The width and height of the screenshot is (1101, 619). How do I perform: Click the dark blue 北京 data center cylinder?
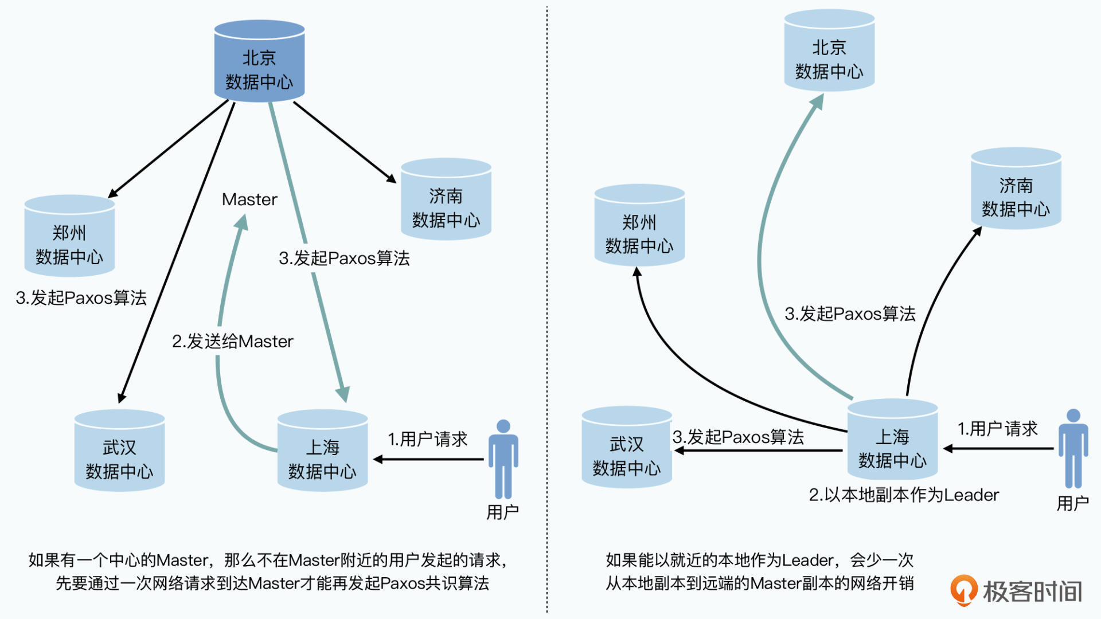click(259, 62)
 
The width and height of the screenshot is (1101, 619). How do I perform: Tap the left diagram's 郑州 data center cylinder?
click(69, 236)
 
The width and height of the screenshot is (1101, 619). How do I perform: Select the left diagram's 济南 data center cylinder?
click(446, 199)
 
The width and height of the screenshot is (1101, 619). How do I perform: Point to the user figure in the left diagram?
click(503, 459)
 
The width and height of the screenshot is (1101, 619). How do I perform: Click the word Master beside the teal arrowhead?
click(249, 199)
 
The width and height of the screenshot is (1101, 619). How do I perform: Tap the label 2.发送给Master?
click(232, 342)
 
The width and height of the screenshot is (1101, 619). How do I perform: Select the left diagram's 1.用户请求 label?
click(427, 440)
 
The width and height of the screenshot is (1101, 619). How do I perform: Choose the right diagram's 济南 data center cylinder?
click(1016, 189)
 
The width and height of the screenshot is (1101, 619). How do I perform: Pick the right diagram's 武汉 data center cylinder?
click(627, 448)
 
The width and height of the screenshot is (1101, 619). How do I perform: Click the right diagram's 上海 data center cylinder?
click(892, 440)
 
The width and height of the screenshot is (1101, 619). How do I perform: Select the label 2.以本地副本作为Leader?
click(904, 495)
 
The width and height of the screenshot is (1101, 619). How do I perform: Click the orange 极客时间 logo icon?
click(963, 590)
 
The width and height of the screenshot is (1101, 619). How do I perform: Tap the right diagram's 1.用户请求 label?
click(997, 429)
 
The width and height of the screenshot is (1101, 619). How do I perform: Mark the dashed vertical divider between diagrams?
click(547, 309)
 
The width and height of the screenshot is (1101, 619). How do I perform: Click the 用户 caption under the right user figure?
click(1073, 504)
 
